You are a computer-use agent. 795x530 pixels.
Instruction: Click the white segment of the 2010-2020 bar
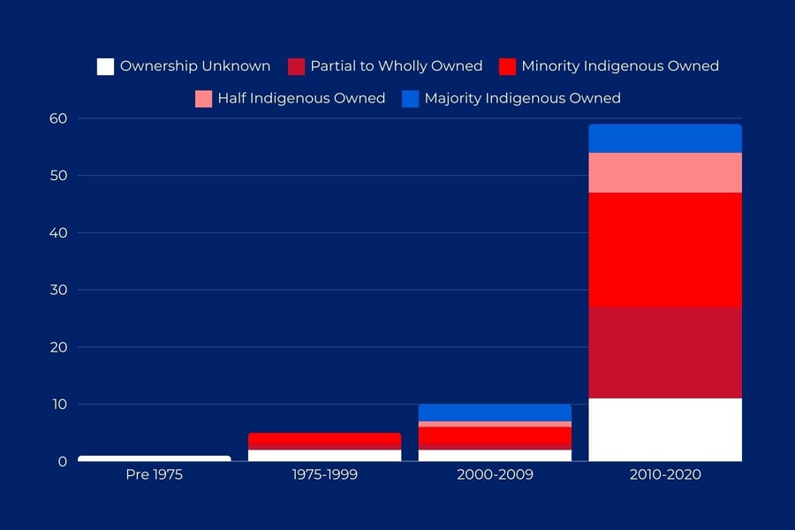[x=665, y=430]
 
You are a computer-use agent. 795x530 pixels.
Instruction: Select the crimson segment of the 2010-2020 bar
[x=665, y=352]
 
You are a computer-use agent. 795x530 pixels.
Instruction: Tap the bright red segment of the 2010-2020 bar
[x=665, y=250]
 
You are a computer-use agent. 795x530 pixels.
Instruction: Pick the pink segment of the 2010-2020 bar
[x=665, y=172]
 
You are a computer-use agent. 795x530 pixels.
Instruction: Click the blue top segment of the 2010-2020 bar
[x=665, y=138]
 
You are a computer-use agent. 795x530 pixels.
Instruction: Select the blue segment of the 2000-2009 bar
[x=495, y=413]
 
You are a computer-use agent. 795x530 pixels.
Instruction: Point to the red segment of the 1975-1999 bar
[x=324, y=439]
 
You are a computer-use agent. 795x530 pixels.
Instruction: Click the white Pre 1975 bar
[x=155, y=458]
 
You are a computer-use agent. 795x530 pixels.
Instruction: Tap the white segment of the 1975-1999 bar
[x=324, y=456]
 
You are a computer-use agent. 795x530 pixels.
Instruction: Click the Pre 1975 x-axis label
[x=155, y=475]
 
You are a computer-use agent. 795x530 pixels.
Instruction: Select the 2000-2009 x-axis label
[x=495, y=475]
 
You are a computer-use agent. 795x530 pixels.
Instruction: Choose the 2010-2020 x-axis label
[x=665, y=475]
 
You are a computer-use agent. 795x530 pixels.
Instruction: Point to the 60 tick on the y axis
[x=59, y=118]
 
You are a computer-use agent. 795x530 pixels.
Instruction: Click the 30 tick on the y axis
[x=59, y=290]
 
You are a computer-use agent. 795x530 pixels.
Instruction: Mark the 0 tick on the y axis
[x=63, y=461]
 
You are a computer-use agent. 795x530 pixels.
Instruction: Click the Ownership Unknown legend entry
[x=194, y=66]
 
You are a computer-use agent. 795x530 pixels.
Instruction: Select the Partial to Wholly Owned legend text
[x=396, y=66]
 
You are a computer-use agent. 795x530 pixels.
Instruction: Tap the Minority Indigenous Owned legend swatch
[x=507, y=66]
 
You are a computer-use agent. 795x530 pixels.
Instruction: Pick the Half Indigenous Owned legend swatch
[x=204, y=99]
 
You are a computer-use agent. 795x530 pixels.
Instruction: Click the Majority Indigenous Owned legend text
[x=522, y=99]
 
